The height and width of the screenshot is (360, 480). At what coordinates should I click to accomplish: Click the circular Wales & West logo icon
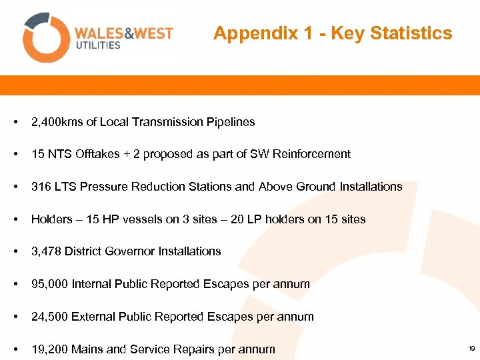46,37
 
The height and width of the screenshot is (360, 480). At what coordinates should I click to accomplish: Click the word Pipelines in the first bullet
231,122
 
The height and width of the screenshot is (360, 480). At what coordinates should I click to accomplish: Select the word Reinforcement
310,154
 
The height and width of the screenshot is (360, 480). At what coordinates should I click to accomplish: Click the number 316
41,187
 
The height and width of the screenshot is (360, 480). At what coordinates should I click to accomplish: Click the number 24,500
49,317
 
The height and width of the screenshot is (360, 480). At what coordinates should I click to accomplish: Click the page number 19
471,349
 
